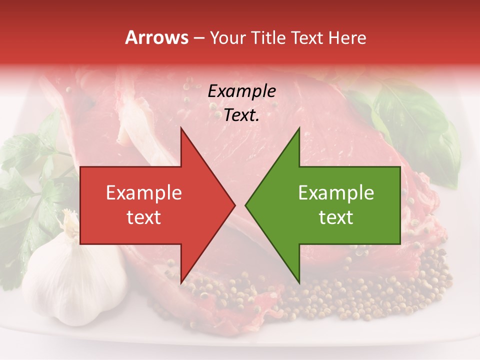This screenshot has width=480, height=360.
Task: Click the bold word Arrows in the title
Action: pos(156,38)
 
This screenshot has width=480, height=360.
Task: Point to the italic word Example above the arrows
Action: pos(241,91)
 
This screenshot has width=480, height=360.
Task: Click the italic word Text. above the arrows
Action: pos(241,115)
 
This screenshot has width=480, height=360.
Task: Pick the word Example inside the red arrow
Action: pos(144,193)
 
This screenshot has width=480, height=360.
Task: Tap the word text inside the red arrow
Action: pos(144,217)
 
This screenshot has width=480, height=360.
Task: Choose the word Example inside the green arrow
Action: pos(336,193)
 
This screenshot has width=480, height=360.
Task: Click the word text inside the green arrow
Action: pos(336,217)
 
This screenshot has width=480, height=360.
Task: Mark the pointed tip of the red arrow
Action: pos(234,205)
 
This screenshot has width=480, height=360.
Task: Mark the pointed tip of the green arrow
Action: pos(245,205)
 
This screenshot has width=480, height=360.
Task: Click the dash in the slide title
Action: pos(198,38)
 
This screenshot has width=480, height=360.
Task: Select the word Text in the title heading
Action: pos(306,38)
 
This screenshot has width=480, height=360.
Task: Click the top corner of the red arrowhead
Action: pos(181,127)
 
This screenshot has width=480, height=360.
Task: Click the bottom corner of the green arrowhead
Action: pos(299,282)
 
